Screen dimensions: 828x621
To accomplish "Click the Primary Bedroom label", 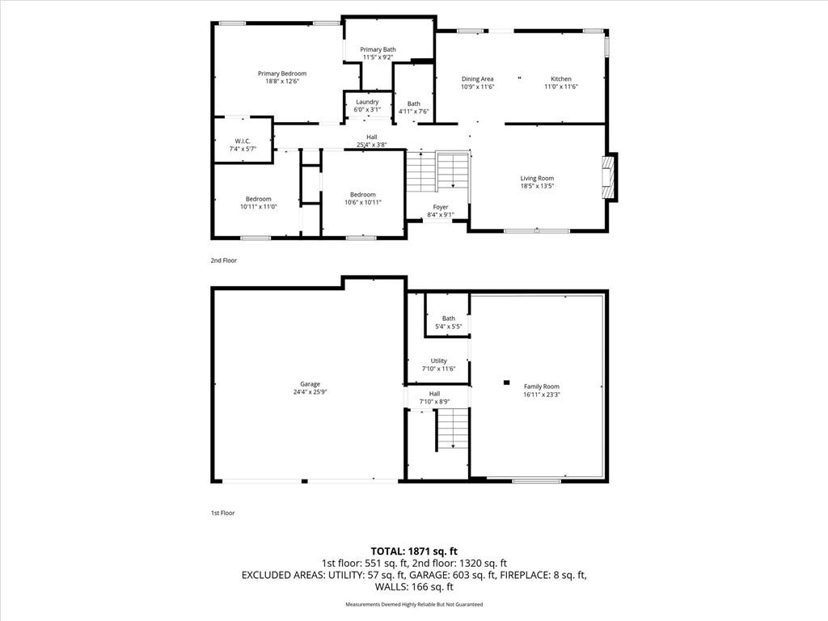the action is (282, 74).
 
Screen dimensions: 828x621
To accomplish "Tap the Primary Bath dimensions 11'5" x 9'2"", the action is (378, 57).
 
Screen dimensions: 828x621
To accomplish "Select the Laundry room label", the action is (367, 102).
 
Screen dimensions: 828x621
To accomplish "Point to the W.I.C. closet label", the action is (243, 141).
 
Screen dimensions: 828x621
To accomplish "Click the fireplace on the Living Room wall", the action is (610, 176).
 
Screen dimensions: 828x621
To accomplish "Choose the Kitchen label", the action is (561, 78).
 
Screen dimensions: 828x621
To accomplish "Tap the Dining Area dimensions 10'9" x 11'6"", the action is (477, 87).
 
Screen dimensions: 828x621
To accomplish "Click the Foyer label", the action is (441, 207).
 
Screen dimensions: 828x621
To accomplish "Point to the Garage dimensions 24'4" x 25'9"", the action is (310, 392).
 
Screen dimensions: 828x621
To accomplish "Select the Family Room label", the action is (541, 387).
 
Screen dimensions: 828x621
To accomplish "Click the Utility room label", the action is (438, 361).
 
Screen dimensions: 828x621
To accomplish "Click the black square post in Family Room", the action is (507, 382).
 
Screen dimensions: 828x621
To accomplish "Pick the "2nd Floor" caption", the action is (224, 260).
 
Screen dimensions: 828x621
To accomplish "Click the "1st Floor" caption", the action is (223, 513).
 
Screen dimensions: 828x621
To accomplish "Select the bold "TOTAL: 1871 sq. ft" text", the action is (414, 551).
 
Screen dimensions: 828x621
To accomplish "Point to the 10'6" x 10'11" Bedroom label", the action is (363, 198).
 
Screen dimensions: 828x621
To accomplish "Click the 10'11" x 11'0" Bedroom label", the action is (258, 203).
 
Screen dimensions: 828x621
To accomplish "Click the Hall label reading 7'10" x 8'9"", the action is (434, 398).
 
